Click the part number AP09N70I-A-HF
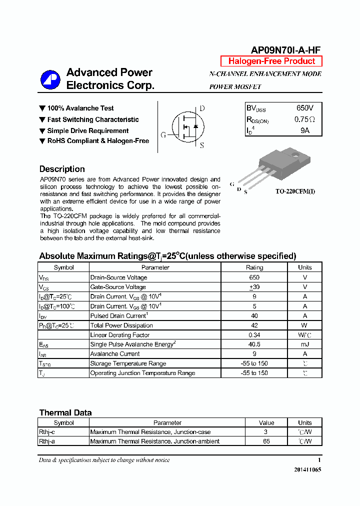click(x=285, y=49)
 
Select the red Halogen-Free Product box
click(x=271, y=61)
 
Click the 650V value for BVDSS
click(x=304, y=108)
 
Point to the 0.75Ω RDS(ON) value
click(x=304, y=119)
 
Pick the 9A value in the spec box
click(x=304, y=130)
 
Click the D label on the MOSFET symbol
click(x=202, y=108)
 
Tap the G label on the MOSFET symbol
click(x=163, y=135)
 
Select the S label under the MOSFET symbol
click(x=201, y=145)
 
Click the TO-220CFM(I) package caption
click(x=295, y=191)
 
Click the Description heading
click(x=62, y=169)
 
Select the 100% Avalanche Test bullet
click(x=80, y=108)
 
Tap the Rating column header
click(x=254, y=267)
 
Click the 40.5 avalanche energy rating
click(x=254, y=344)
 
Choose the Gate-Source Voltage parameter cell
click(x=118, y=287)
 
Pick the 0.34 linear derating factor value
click(x=254, y=335)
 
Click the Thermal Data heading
click(x=65, y=412)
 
